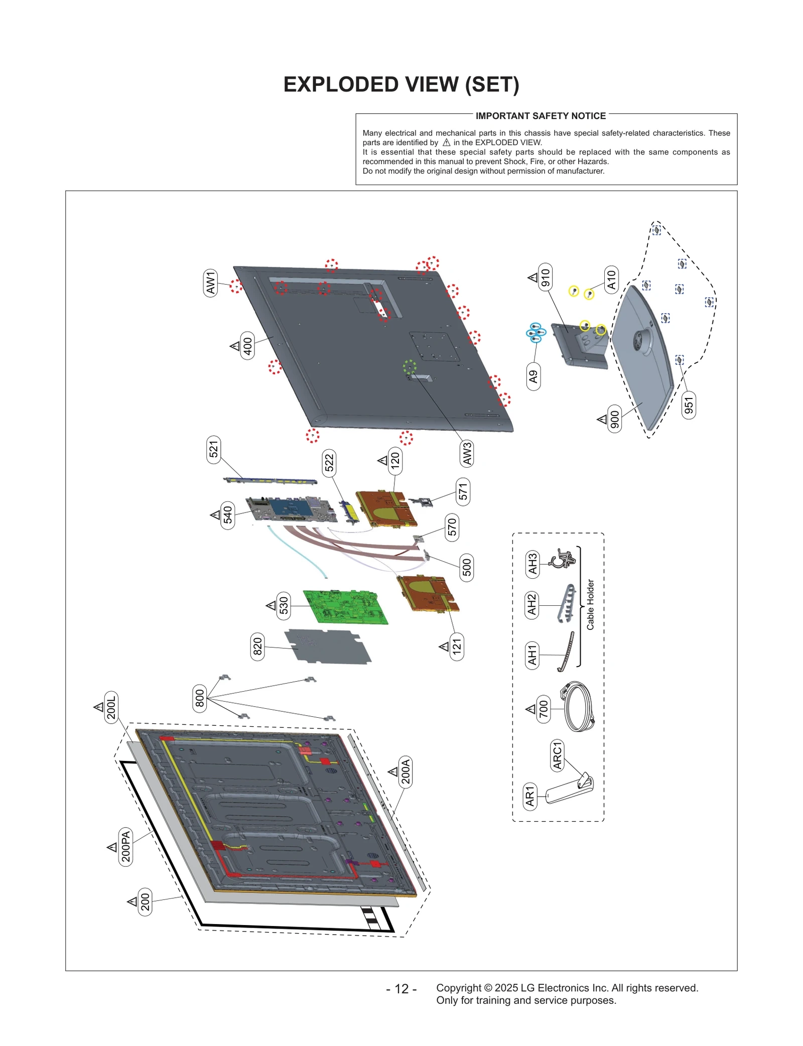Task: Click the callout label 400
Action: (x=247, y=346)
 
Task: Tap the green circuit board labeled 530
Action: (x=346, y=607)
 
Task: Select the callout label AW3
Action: (x=467, y=453)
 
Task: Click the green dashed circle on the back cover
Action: (x=410, y=366)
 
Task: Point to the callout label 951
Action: (x=689, y=405)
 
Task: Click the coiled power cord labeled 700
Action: (x=580, y=706)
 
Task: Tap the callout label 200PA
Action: (x=125, y=846)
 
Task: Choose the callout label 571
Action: (x=463, y=492)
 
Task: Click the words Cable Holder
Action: (x=590, y=604)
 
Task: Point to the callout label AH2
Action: (x=531, y=605)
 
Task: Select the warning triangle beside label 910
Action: (x=533, y=277)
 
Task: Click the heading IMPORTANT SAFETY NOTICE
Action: (x=541, y=116)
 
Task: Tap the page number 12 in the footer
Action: (x=401, y=989)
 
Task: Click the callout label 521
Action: (x=214, y=449)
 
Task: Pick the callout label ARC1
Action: (x=557, y=755)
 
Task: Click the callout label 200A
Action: (x=406, y=771)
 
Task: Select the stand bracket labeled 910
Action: (x=577, y=346)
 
